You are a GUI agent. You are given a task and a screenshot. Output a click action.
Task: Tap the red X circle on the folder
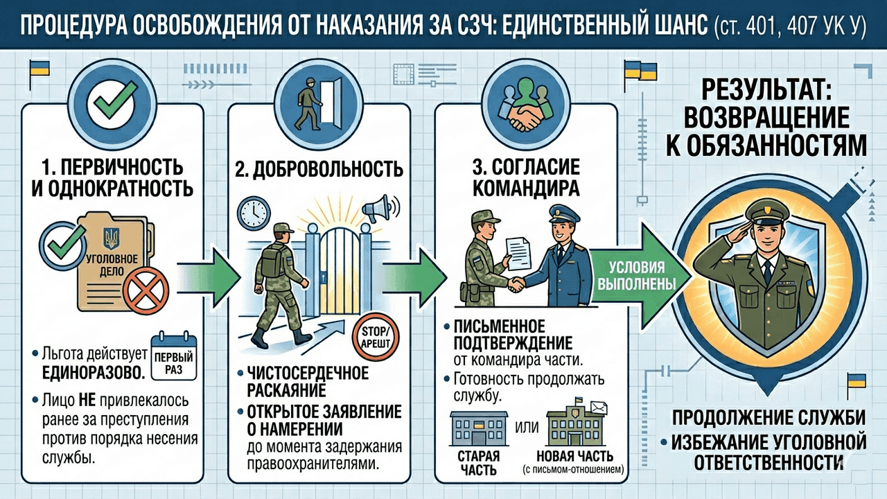pos(146,290)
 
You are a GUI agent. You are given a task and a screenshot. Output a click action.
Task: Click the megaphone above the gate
pos(379,209)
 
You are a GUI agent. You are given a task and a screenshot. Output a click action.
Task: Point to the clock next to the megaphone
pos(254,214)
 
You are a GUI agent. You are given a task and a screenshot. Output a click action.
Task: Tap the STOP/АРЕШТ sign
pos(376,337)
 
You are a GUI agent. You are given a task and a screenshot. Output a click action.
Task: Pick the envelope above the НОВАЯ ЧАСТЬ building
pos(598,408)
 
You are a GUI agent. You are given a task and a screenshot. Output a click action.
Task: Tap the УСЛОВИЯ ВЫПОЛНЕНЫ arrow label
pos(637,276)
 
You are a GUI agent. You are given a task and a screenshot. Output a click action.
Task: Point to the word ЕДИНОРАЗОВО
pos(94,372)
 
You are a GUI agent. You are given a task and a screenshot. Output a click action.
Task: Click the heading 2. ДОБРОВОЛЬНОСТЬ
pos(319,170)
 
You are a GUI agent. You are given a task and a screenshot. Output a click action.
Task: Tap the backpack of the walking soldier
pos(273,261)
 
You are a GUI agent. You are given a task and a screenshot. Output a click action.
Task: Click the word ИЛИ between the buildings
pos(527,428)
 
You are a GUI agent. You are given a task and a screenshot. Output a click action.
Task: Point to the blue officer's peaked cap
pos(564,214)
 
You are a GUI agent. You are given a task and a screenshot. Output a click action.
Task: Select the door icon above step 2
pos(331,104)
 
